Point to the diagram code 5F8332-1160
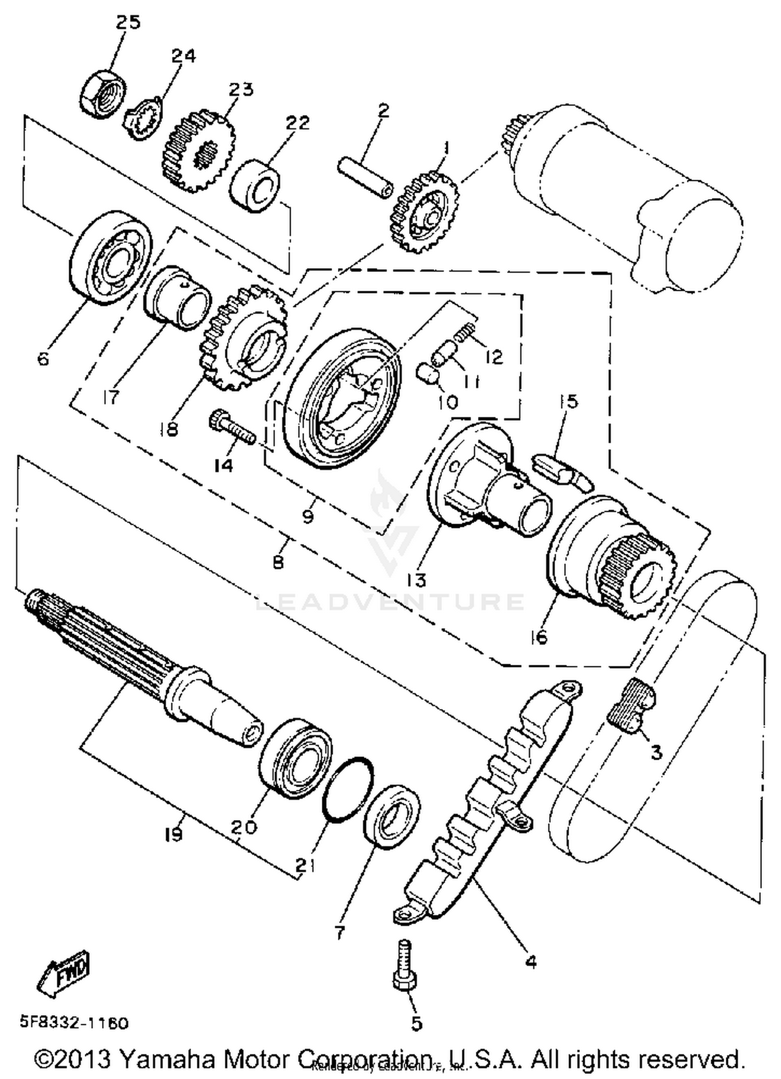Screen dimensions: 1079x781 pos(74,1022)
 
